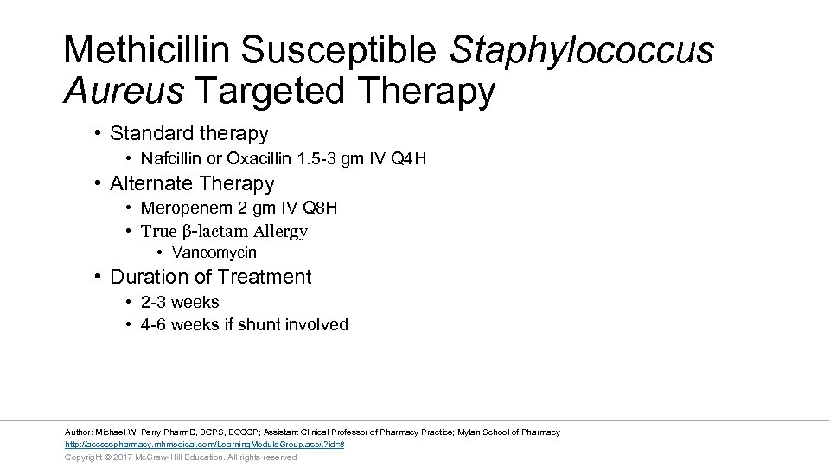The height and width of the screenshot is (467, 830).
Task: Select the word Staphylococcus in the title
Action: (582, 49)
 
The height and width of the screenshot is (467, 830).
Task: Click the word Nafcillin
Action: (170, 159)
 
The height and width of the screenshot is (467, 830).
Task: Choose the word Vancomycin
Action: (214, 253)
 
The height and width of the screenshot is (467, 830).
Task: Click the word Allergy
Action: (279, 231)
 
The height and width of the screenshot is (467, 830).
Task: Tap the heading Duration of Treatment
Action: (210, 277)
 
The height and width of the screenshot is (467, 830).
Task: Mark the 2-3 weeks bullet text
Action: (180, 302)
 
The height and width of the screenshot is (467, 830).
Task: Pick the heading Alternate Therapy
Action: (192, 183)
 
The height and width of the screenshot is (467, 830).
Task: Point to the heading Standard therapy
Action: (188, 134)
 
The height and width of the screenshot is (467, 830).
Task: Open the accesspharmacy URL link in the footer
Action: (205, 444)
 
